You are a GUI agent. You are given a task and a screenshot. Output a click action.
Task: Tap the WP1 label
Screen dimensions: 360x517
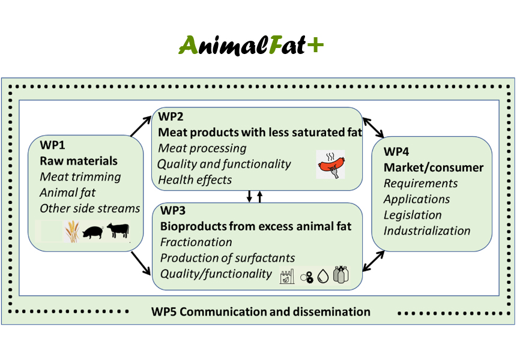[53, 145]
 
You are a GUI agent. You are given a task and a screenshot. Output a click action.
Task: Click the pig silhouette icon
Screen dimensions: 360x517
[92, 232]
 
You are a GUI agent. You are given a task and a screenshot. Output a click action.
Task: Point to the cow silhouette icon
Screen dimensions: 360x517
[119, 230]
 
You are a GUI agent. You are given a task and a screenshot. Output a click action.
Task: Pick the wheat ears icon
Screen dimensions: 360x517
[72, 231]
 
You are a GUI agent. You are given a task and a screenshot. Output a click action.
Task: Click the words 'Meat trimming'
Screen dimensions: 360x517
[80, 177]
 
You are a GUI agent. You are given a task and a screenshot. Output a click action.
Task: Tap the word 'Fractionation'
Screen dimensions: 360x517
[196, 242]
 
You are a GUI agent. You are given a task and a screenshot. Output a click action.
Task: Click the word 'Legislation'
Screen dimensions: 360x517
[413, 215]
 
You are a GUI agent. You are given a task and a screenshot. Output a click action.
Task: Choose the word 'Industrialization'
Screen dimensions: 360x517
[427, 230]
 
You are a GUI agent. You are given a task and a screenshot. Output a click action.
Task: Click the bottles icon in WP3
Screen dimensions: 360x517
[341, 275]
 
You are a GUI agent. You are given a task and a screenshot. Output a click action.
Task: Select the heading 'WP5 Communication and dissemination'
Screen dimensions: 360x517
[261, 311]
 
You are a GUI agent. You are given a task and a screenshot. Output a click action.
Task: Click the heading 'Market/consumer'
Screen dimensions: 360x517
[434, 167]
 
